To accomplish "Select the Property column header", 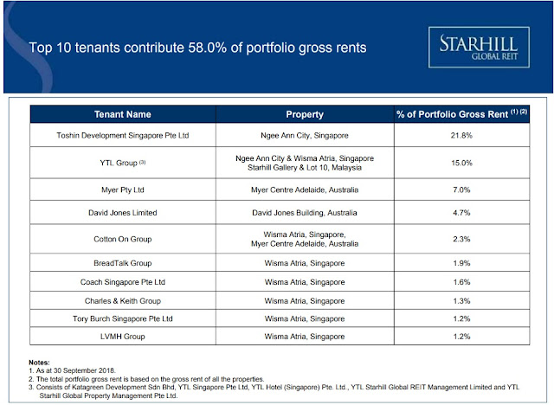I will [x=304, y=114].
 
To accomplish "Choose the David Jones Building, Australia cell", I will [x=304, y=211].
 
